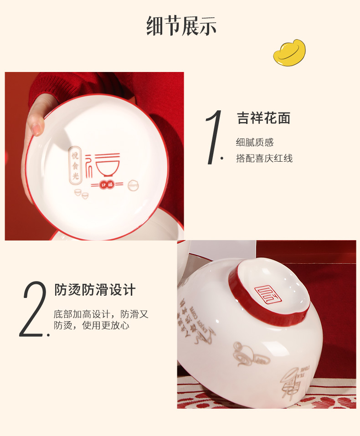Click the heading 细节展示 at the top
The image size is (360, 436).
(181, 26)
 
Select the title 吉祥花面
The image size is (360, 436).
(263, 118)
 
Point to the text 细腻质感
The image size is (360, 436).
(255, 143)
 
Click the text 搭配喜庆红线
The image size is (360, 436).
(264, 159)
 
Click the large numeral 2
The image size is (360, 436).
(34, 309)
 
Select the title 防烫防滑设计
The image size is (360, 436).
(95, 290)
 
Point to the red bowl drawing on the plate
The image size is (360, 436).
(108, 166)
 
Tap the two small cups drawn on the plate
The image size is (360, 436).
(82, 193)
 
